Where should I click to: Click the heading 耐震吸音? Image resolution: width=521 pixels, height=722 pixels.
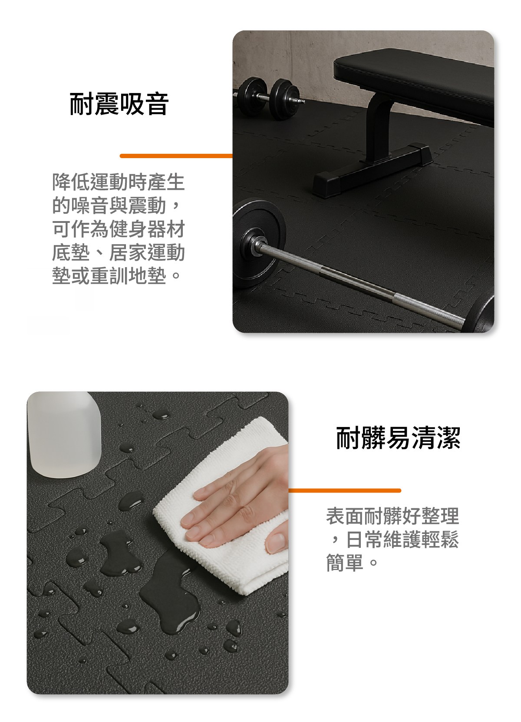pyautogui.click(x=119, y=104)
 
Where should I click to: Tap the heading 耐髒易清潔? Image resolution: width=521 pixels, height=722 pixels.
pyautogui.click(x=398, y=438)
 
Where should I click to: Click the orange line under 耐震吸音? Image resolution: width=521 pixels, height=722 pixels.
pyautogui.click(x=176, y=156)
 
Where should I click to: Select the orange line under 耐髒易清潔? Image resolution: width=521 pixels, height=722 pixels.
pyautogui.click(x=344, y=490)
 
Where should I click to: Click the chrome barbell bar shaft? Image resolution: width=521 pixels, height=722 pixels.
pyautogui.click(x=361, y=282)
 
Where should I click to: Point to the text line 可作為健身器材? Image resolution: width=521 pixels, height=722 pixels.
pyautogui.click(x=118, y=229)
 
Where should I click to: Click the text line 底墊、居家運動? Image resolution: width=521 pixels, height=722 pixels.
pyautogui.click(x=118, y=253)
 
